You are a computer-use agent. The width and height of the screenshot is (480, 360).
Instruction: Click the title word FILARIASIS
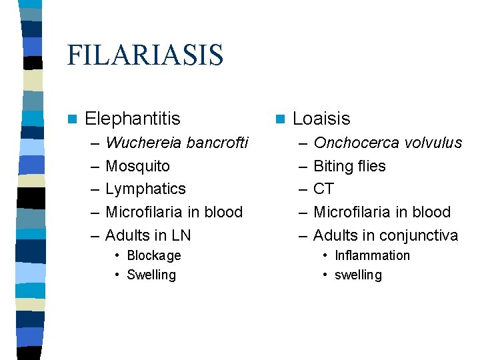[145, 55]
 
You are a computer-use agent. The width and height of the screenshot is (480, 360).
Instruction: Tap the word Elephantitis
[133, 119]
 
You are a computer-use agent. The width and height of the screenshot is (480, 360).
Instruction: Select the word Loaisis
[321, 119]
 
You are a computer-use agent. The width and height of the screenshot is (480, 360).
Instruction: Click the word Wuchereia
[144, 143]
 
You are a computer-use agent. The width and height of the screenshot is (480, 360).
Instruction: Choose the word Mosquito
[137, 166]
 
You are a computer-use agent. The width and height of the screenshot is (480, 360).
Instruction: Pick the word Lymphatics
[145, 189]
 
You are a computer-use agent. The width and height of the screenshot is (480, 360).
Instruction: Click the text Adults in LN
[148, 235]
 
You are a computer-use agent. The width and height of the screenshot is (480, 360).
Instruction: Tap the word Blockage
[153, 255]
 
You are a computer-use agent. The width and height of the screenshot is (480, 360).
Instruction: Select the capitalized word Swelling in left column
[151, 275]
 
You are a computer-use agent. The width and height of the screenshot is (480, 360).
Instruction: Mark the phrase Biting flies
[349, 166]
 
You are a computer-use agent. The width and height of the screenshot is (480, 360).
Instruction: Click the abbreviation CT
[323, 189]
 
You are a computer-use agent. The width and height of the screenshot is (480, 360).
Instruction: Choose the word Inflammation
[372, 255]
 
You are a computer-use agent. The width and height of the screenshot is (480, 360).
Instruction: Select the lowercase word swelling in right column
[358, 275]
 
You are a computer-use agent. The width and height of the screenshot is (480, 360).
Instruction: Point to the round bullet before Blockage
[117, 256]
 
